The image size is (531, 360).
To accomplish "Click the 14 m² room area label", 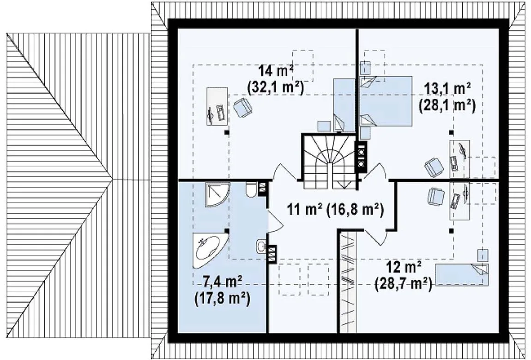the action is tap(276, 71).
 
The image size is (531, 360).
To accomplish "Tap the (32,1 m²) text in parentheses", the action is tap(276, 87).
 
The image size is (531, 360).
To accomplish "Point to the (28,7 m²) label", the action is tap(404, 283).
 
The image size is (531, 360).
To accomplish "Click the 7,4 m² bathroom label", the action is tap(222, 282).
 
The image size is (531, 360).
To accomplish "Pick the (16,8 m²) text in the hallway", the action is tap(355, 210).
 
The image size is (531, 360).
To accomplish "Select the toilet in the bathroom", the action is tap(251, 190).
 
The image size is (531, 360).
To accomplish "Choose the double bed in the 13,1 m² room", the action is tap(386, 101).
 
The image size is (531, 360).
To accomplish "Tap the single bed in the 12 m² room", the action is tap(462, 275).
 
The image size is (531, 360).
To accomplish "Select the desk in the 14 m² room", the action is tap(217, 107).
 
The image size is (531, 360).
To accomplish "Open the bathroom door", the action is tap(274, 221).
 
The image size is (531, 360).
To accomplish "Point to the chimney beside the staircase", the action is tap(361, 157).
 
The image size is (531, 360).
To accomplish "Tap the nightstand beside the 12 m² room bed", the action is tap(483, 255).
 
